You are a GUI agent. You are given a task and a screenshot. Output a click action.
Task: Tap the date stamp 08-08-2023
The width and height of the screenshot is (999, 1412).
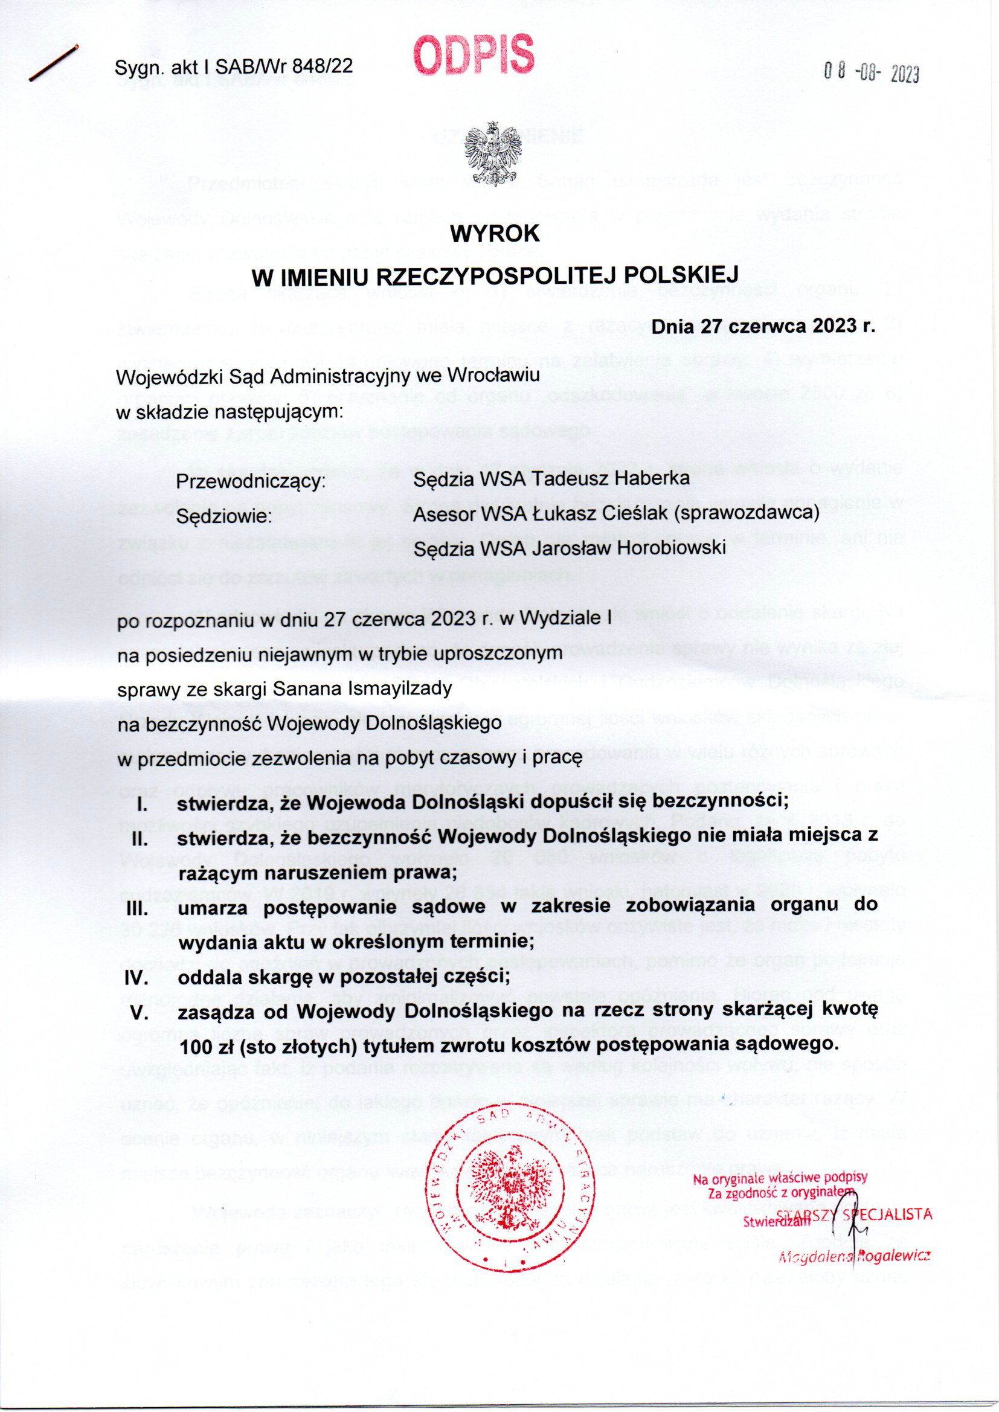pos(871,74)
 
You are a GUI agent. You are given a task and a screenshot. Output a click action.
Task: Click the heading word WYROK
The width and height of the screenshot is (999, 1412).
pos(495,234)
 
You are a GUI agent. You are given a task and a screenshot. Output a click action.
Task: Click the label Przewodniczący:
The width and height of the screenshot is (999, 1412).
pos(251,480)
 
